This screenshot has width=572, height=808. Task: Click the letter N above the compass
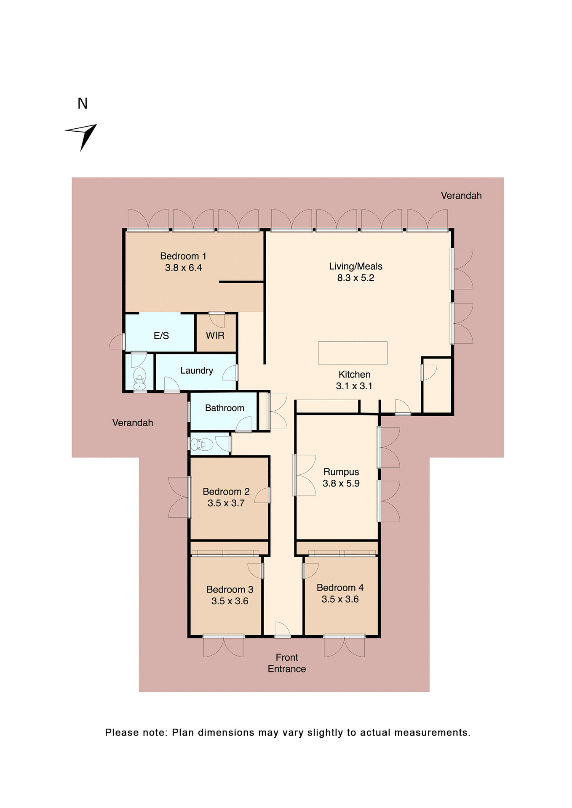pyautogui.click(x=83, y=104)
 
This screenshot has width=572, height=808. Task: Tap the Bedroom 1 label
pyautogui.click(x=183, y=256)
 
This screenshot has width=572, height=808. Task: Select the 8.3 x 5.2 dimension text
pyautogui.click(x=355, y=278)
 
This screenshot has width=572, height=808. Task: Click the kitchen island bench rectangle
pyautogui.click(x=353, y=353)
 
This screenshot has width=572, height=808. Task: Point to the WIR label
pyautogui.click(x=215, y=335)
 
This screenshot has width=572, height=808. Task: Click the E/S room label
pyautogui.click(x=161, y=335)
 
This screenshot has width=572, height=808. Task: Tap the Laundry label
pyautogui.click(x=196, y=370)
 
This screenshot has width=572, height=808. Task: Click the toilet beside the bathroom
pyautogui.click(x=202, y=444)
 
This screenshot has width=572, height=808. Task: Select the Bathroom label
pyautogui.click(x=225, y=408)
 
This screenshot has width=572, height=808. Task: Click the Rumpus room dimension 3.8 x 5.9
pyautogui.click(x=341, y=483)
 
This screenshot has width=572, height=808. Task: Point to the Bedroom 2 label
pyautogui.click(x=226, y=491)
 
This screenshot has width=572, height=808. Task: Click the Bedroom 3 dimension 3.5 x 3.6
pyautogui.click(x=230, y=601)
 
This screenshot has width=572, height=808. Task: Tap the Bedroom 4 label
pyautogui.click(x=340, y=587)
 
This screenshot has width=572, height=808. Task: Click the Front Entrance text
pyautogui.click(x=287, y=663)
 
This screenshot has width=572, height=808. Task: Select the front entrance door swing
pyautogui.click(x=283, y=629)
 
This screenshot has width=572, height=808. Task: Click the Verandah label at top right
pyautogui.click(x=461, y=195)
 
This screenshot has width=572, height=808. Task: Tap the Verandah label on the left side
pyautogui.click(x=132, y=423)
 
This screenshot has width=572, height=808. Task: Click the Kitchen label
pyautogui.click(x=354, y=374)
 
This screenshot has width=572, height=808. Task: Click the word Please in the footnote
pyautogui.click(x=121, y=732)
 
